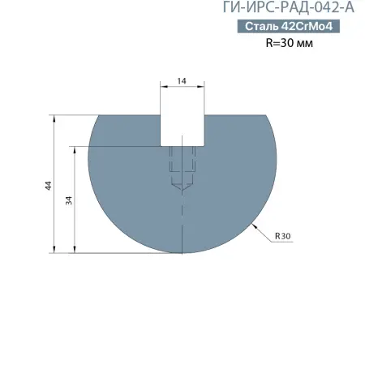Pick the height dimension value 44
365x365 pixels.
coord(49,185)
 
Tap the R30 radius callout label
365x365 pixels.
coord(282,236)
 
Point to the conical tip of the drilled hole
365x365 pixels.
coord(181,187)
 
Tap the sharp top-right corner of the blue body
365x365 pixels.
coord(265,114)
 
